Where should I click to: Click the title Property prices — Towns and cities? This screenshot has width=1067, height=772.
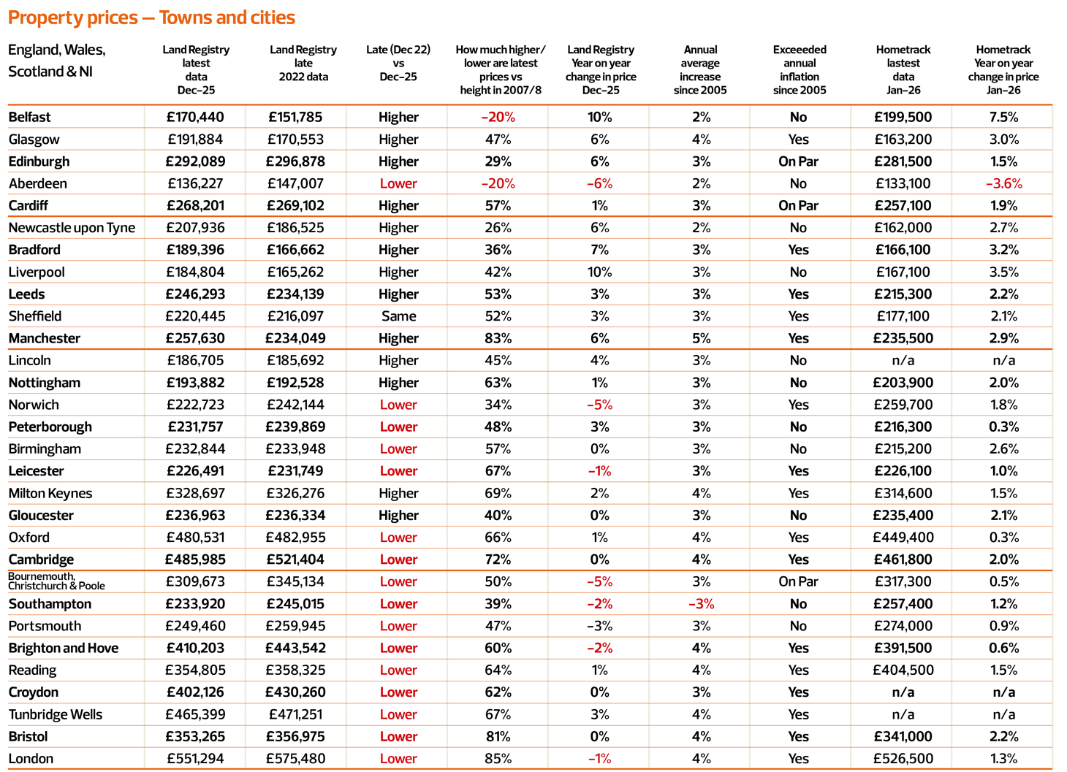[151, 18]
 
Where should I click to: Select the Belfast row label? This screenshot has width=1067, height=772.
[30, 117]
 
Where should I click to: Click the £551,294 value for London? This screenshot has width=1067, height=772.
[195, 758]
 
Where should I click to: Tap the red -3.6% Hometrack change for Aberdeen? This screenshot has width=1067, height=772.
[1003, 183]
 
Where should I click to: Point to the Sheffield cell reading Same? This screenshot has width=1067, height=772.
[398, 316]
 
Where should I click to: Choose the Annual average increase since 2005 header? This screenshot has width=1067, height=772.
[700, 70]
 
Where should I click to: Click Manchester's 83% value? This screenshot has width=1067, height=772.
[498, 338]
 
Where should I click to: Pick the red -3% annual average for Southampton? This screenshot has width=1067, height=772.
[700, 604]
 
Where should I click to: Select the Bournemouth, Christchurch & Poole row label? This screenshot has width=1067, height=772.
[56, 581]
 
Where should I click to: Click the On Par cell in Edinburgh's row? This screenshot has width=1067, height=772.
[798, 161]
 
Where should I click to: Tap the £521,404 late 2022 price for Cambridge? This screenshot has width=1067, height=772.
[295, 559]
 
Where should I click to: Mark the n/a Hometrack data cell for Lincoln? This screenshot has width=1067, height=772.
[903, 360]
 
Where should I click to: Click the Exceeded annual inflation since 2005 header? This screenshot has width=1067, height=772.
[800, 70]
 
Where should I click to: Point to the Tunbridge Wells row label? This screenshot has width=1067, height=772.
[56, 714]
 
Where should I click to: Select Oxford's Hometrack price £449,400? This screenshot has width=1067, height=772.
[903, 538]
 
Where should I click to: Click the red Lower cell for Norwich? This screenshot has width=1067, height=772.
[398, 405]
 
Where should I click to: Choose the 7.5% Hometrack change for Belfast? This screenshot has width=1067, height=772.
[1003, 117]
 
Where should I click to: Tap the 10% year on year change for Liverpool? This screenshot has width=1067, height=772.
[599, 272]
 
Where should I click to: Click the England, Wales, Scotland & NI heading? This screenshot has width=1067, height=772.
[57, 61]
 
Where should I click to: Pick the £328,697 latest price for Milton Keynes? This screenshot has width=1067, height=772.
[195, 493]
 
